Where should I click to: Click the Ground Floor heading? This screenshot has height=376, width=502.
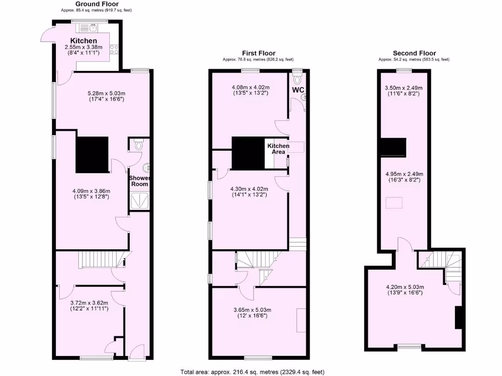click(x=97, y=4)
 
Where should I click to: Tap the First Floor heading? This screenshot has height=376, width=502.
click(x=259, y=53)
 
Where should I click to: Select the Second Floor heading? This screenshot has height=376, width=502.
click(x=414, y=53)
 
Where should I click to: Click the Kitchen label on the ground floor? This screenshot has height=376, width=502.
click(x=84, y=41)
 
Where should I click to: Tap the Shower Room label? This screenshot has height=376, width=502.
click(x=139, y=181)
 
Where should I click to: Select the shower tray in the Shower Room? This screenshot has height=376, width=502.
click(x=140, y=200)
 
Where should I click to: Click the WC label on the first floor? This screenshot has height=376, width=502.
click(x=299, y=90)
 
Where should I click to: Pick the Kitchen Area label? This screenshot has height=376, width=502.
click(x=278, y=149)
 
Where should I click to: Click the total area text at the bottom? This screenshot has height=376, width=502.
click(x=252, y=372)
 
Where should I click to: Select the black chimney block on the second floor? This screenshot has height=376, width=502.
click(x=395, y=146)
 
